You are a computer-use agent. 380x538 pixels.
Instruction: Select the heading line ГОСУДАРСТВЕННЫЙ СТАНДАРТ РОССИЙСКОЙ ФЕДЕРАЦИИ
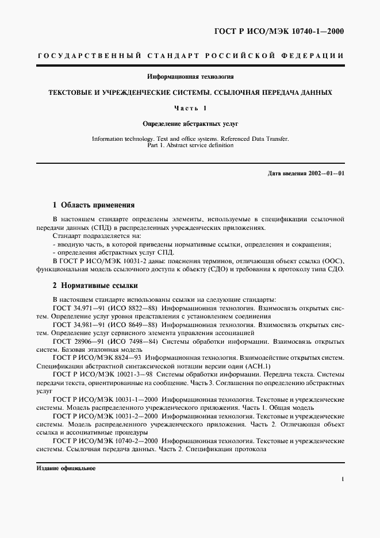tap(190, 56)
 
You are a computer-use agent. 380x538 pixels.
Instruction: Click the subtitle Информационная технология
tap(190, 76)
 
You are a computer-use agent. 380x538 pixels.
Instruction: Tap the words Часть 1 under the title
tap(190, 107)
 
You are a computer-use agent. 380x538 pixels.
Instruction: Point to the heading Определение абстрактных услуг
tap(190, 123)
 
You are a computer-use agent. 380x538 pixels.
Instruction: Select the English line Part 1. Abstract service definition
tap(190, 145)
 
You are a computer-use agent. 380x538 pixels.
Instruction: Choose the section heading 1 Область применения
tap(93, 205)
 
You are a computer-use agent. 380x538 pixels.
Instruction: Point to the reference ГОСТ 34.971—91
tap(76, 308)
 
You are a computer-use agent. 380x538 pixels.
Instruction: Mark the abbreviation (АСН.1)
tap(259, 366)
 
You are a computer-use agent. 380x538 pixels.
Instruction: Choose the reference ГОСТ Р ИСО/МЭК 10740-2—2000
tap(105, 440)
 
